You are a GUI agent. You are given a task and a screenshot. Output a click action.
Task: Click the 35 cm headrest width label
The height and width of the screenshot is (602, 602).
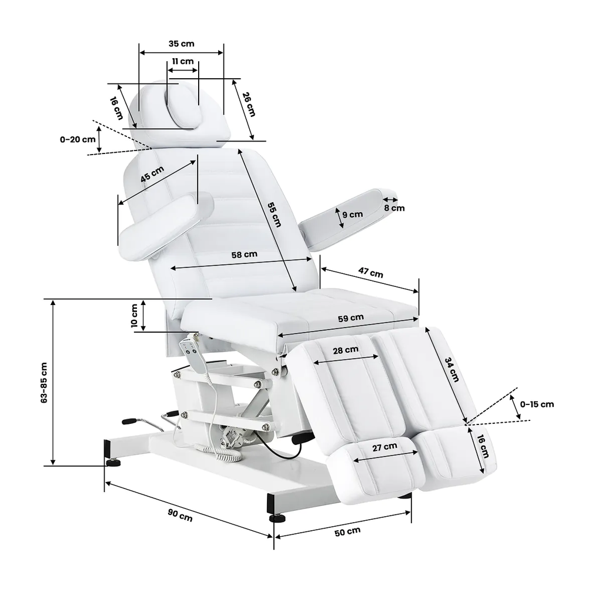click(181, 44)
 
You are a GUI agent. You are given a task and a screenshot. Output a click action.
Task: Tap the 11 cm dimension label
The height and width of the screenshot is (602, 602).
click(183, 61)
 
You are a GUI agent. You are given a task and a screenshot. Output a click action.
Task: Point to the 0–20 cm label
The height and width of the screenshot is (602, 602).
click(78, 139)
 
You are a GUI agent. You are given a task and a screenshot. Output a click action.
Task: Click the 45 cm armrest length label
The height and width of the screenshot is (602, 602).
click(152, 174)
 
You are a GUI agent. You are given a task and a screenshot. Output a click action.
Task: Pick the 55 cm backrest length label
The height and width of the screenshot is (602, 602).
click(274, 214)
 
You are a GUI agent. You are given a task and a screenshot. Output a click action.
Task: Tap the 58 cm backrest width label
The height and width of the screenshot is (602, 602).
click(244, 255)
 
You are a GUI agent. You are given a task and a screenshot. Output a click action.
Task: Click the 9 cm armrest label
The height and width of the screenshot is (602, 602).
click(353, 215)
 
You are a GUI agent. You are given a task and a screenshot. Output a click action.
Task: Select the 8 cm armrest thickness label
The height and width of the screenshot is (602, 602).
click(394, 208)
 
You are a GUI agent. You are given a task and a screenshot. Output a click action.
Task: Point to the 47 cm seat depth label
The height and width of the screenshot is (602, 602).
click(371, 273)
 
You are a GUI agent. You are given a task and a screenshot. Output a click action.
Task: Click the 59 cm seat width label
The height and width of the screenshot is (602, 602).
click(351, 318)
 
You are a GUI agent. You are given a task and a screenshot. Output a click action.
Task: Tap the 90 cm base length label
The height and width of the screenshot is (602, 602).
click(180, 515)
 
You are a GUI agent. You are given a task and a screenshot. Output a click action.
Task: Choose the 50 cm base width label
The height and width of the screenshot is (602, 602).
click(347, 531)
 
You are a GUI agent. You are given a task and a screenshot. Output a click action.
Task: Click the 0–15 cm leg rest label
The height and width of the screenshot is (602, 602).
click(537, 404)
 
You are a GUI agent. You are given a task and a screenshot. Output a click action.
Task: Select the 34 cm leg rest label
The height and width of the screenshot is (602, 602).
click(451, 369)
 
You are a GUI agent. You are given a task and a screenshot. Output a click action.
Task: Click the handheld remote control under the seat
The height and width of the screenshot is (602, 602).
click(195, 354)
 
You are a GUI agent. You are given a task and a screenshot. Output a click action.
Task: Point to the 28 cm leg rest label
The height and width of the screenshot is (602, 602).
click(346, 350)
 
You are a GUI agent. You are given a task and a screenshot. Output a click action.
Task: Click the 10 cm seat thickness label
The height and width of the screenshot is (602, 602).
click(135, 316)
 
